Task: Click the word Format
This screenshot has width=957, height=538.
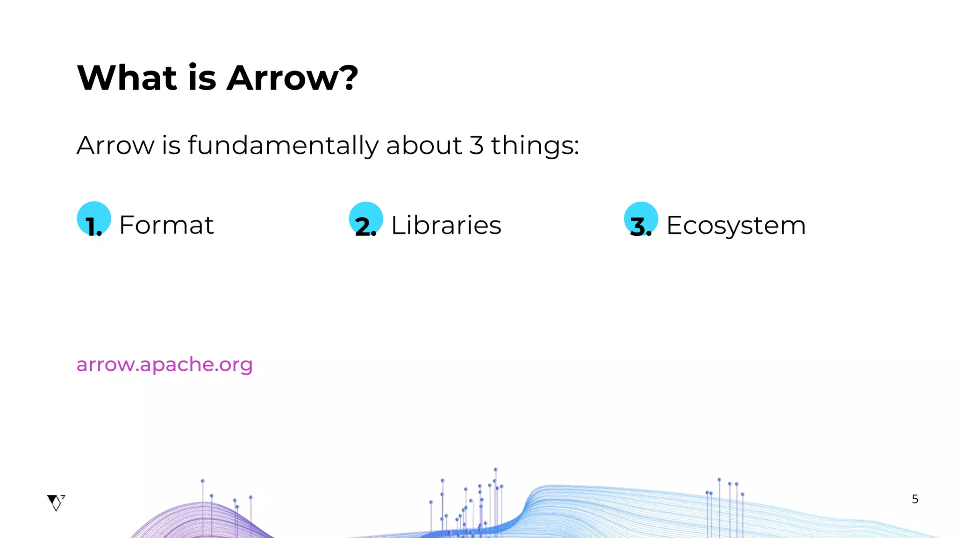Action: pyautogui.click(x=166, y=225)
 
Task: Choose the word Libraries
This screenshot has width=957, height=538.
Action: pyautogui.click(x=446, y=225)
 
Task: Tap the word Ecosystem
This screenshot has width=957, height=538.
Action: pyautogui.click(x=736, y=225)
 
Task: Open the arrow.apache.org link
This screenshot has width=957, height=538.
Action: pyautogui.click(x=164, y=364)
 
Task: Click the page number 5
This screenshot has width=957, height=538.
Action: pyautogui.click(x=915, y=499)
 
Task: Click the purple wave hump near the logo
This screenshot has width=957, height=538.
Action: pyautogui.click(x=201, y=518)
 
